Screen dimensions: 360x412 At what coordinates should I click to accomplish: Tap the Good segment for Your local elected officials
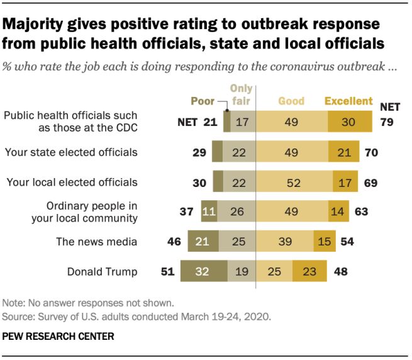294,182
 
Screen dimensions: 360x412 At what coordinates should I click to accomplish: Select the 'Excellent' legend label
348,101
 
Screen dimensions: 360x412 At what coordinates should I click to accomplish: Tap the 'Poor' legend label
203,101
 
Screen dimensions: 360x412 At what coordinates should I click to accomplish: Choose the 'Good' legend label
291,101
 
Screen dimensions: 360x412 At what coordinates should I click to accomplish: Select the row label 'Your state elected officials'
71,152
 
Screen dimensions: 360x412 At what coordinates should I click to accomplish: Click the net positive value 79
387,121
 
